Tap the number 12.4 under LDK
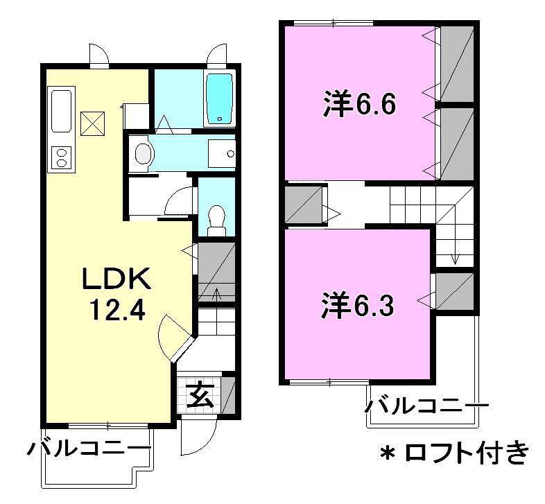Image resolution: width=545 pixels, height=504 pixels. [x=116, y=309]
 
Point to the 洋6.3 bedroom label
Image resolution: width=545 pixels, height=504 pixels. [x=358, y=306]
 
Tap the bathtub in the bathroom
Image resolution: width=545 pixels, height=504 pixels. [x=220, y=98]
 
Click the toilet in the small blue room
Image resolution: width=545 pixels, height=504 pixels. [x=216, y=218]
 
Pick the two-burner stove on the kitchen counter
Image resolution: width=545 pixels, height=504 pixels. [x=61, y=157]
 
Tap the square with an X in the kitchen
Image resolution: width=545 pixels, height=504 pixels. [x=92, y=123]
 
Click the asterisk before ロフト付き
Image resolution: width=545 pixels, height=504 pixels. [x=387, y=455]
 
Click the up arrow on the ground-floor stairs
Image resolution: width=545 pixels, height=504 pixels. [x=216, y=295]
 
